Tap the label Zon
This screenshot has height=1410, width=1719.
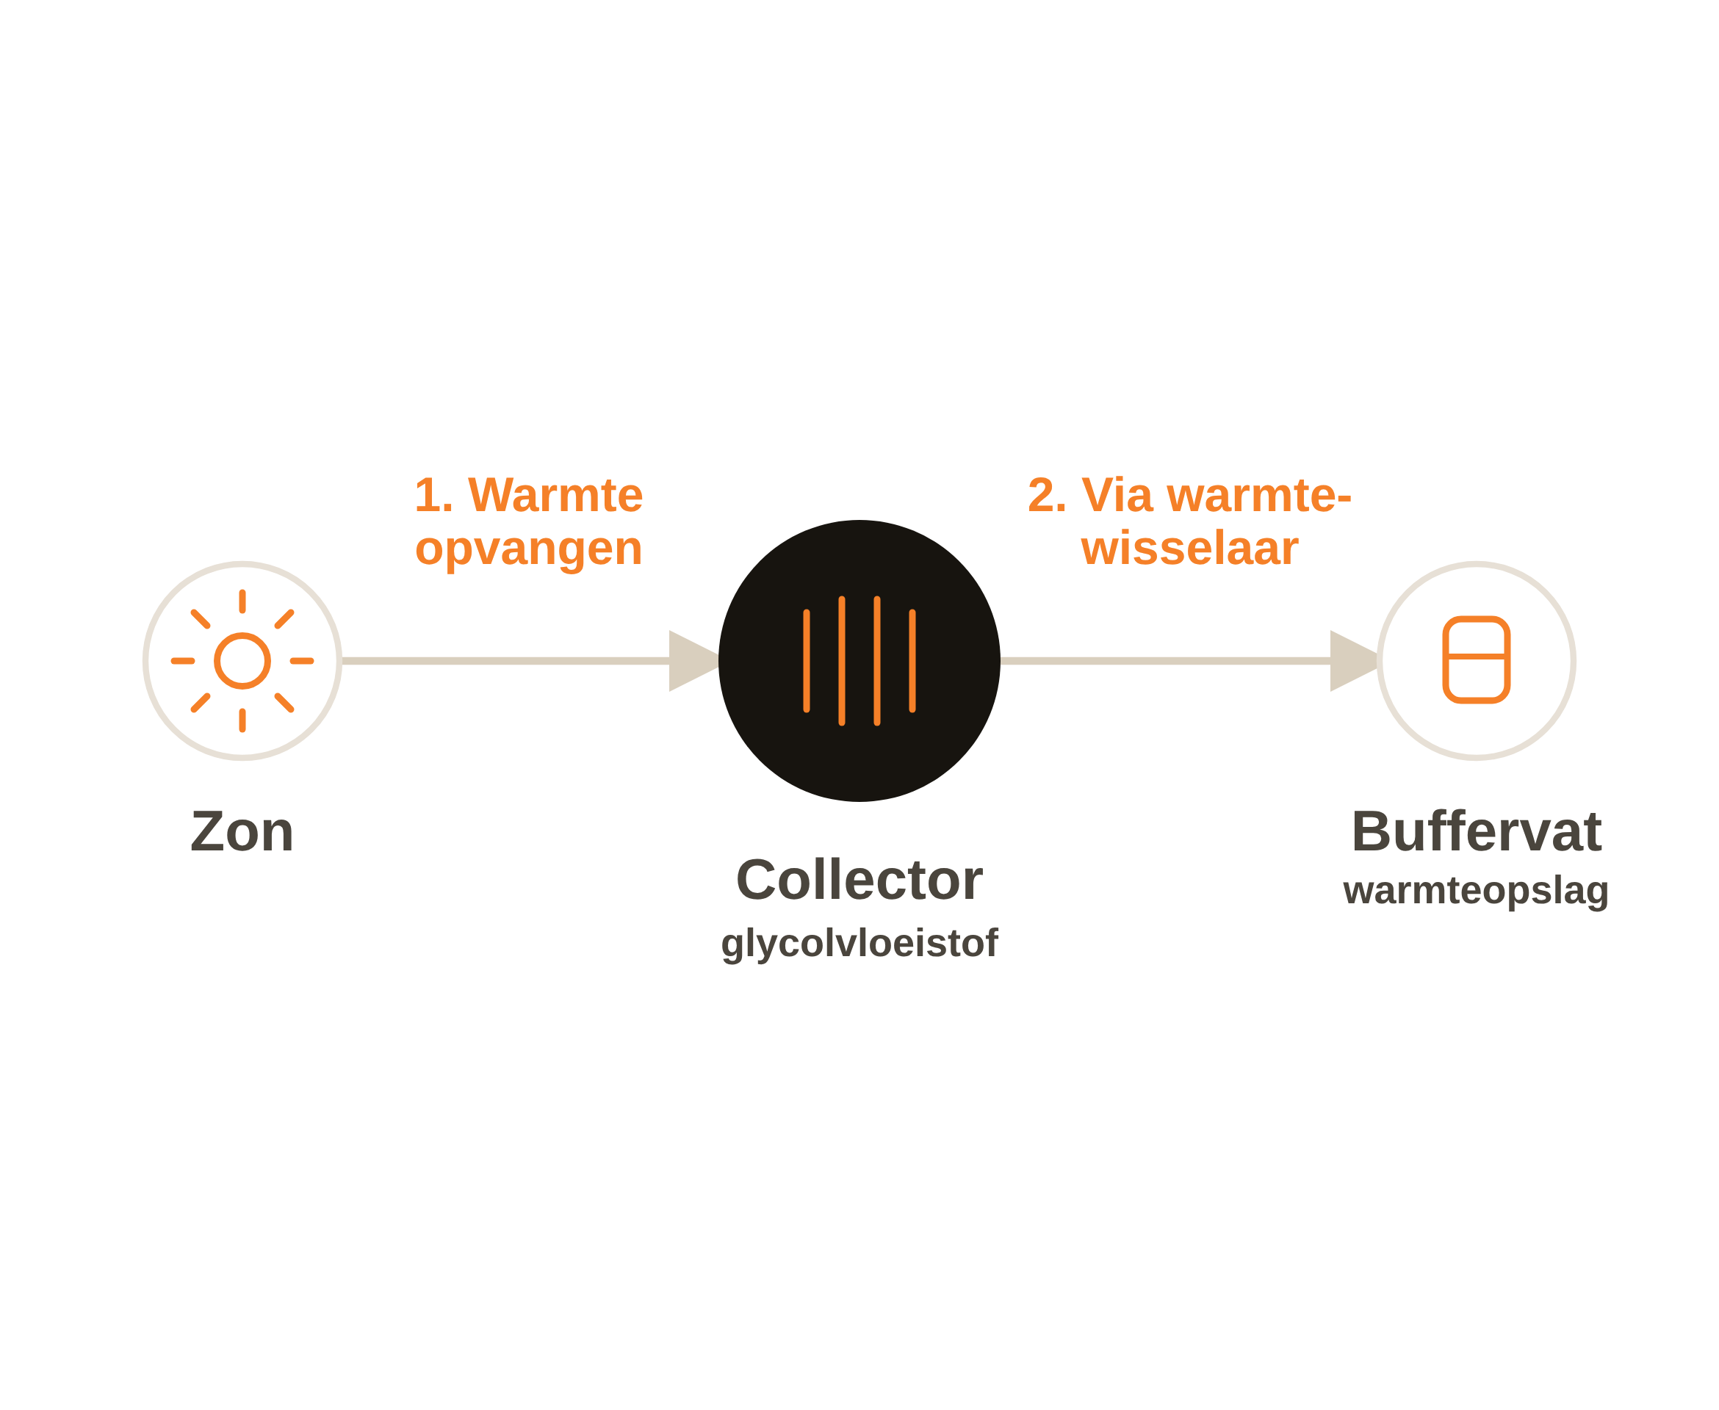point(242,832)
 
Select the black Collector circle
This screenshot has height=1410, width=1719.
point(859,660)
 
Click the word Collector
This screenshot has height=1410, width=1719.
point(859,880)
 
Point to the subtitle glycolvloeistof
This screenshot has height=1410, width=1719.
point(859,944)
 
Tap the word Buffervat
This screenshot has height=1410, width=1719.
point(1476,832)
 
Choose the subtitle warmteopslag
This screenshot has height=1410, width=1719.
point(1476,891)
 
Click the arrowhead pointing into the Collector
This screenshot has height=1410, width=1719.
point(693,661)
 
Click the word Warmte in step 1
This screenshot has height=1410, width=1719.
point(555,496)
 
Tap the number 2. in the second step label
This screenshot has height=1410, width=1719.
point(1047,496)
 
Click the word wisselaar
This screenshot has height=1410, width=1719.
point(1189,549)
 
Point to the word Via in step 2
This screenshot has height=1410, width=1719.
point(1117,496)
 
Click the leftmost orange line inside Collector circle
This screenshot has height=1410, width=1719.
point(806,661)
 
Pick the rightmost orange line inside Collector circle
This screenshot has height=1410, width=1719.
point(912,661)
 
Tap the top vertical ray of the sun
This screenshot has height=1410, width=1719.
point(242,601)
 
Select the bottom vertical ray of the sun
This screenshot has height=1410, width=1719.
point(242,720)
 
